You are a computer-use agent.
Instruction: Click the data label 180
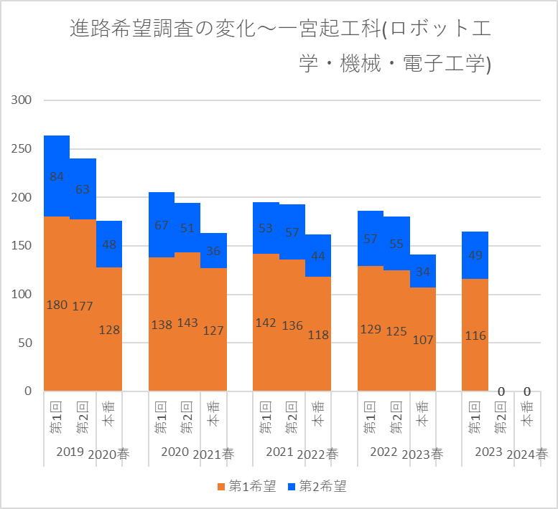pyautogui.click(x=57, y=305)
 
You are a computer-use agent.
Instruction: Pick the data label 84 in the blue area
pyautogui.click(x=57, y=176)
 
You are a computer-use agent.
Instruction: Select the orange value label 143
pyautogui.click(x=187, y=323)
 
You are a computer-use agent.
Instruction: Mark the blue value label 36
pyautogui.click(x=213, y=251)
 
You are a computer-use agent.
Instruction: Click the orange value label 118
pyautogui.click(x=318, y=335)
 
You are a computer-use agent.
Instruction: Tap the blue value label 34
pyautogui.click(x=423, y=272)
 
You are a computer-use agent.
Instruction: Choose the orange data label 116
pyautogui.click(x=475, y=335)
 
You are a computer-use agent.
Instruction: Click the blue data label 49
pyautogui.click(x=475, y=256)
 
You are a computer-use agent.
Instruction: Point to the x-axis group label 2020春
pyautogui.click(x=110, y=454)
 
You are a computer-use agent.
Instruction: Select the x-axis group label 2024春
pyautogui.click(x=527, y=454)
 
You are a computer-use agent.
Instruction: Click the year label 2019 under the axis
pyautogui.click(x=70, y=452)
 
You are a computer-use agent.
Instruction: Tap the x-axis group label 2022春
pyautogui.click(x=318, y=454)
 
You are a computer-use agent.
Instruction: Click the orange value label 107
pyautogui.click(x=423, y=340)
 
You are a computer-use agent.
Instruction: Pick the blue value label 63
pyautogui.click(x=83, y=189)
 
